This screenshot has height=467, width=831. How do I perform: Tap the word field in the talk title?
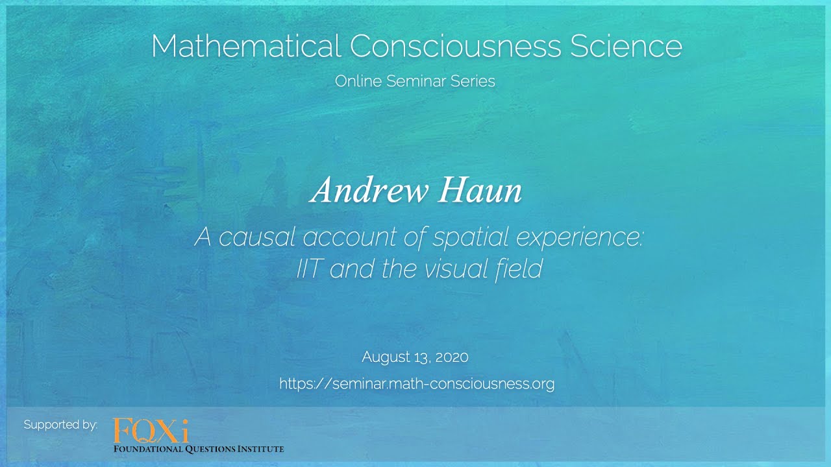(x=520, y=269)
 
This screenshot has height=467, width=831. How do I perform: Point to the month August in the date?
(x=388, y=357)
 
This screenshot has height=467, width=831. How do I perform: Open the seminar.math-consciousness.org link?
(x=417, y=384)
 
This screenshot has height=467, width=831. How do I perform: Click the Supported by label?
(x=60, y=425)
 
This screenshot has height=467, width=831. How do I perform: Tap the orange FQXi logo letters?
(x=151, y=431)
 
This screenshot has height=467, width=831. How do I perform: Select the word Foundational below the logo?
(x=150, y=449)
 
